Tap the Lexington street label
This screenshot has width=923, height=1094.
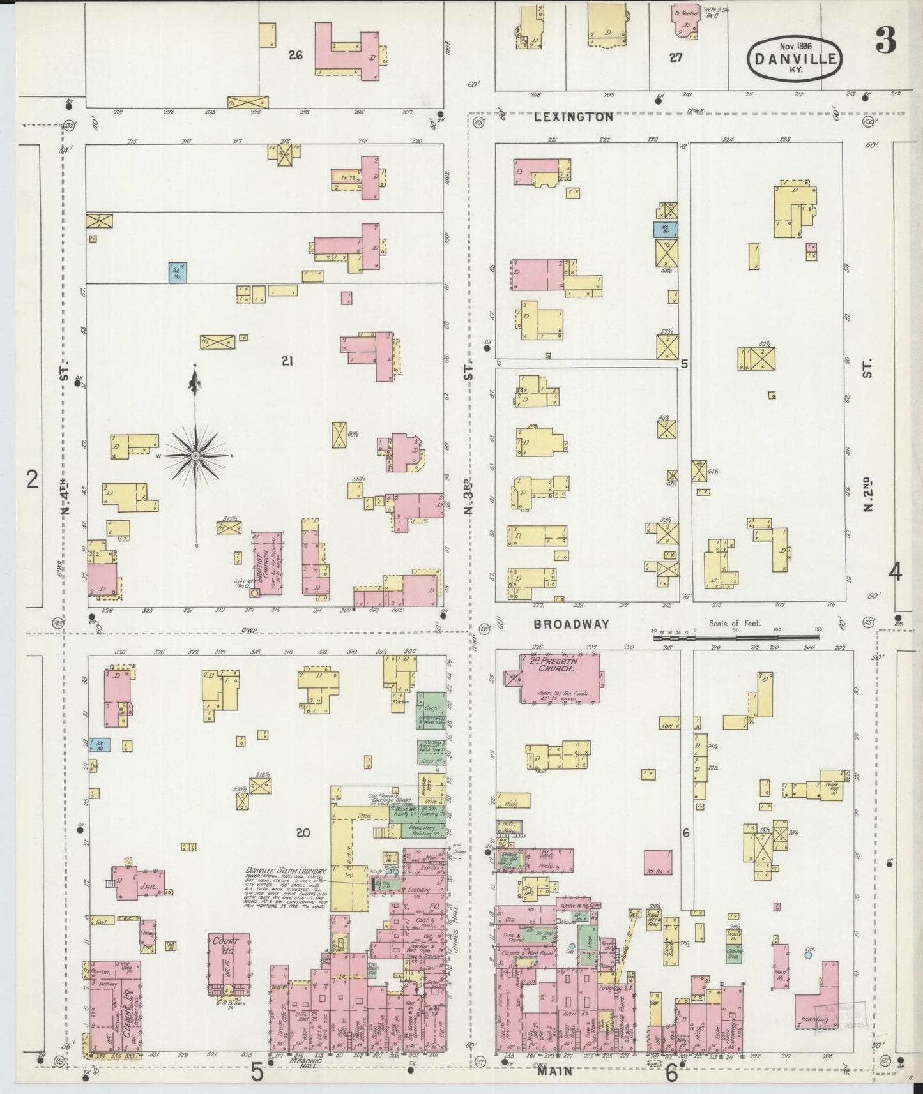(x=574, y=117)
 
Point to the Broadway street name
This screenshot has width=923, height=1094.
(x=572, y=624)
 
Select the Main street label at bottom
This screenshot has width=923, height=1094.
(x=554, y=1072)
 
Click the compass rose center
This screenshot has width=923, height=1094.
(x=195, y=455)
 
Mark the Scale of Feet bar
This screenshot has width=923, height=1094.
(x=735, y=637)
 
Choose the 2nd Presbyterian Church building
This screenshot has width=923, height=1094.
(x=560, y=678)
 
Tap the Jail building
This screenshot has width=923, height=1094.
(x=139, y=884)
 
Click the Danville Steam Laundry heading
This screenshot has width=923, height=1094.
(x=287, y=871)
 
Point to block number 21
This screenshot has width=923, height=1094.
(x=287, y=361)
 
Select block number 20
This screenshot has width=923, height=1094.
(x=303, y=832)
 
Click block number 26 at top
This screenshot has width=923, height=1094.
(x=295, y=55)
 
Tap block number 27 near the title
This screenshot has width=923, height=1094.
(x=676, y=57)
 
